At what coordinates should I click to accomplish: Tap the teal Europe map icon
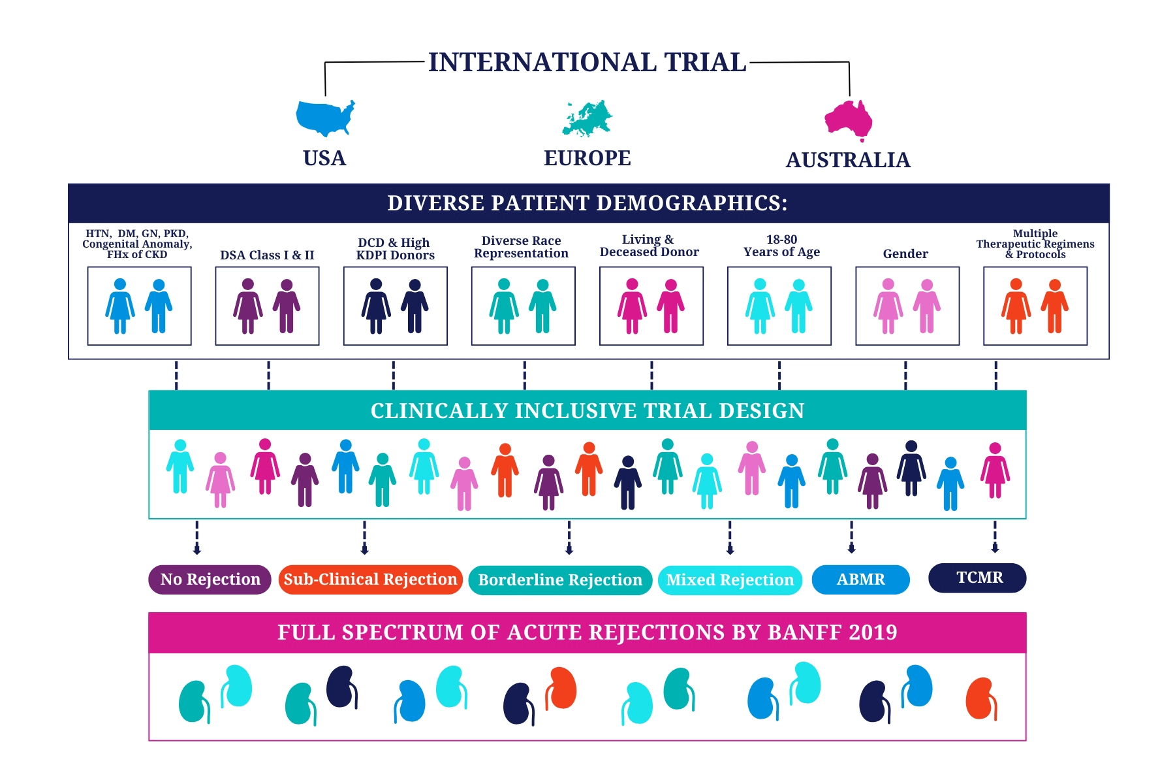(587, 118)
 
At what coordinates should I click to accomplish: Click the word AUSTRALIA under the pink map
(848, 160)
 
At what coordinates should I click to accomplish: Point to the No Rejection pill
(210, 580)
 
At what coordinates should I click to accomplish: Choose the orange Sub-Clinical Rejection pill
(370, 580)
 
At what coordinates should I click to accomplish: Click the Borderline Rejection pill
(560, 580)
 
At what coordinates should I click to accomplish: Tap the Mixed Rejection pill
(730, 580)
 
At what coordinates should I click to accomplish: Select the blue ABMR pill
(860, 580)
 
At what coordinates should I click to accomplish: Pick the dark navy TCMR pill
(977, 578)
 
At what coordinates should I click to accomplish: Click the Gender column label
(905, 254)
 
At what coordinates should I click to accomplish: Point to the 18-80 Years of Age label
(781, 246)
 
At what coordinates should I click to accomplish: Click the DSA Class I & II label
(267, 255)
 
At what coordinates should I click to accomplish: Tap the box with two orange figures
(1035, 306)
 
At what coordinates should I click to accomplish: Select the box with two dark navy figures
(395, 306)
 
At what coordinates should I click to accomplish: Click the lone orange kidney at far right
(981, 699)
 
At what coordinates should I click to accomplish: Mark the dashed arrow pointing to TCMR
(995, 537)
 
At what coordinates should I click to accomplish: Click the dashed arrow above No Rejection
(197, 538)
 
